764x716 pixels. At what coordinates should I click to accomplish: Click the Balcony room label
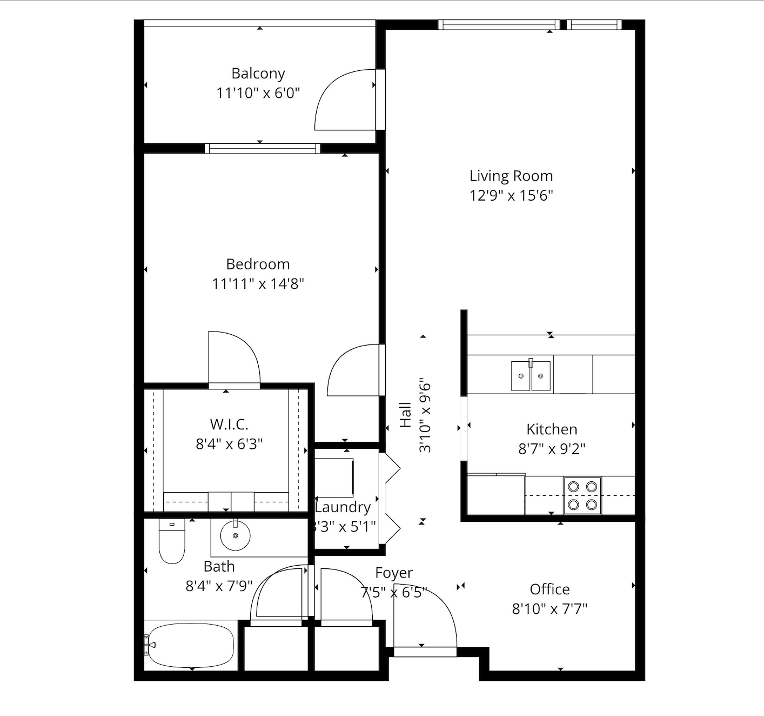(258, 74)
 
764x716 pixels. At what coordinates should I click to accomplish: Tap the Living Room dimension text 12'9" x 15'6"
(511, 196)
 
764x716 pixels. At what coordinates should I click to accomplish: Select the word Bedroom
(258, 264)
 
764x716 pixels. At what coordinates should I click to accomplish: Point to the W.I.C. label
(229, 425)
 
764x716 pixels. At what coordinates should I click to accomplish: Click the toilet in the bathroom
(172, 541)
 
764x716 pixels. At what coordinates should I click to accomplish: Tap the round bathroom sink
(235, 535)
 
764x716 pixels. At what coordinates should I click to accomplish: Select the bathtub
(191, 646)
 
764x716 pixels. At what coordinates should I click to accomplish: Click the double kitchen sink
(531, 376)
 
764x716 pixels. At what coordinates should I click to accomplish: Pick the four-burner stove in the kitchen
(582, 495)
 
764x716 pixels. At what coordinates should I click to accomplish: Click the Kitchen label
(552, 429)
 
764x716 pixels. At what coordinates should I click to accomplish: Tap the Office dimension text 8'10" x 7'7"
(549, 609)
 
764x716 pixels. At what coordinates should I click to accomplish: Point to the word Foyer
(394, 573)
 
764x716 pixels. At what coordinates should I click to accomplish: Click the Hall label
(405, 415)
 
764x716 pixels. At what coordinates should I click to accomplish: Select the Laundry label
(343, 507)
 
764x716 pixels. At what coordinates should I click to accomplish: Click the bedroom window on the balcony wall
(263, 148)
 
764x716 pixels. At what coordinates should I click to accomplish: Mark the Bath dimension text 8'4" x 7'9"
(219, 586)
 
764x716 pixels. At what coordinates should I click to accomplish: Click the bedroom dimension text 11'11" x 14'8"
(258, 284)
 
